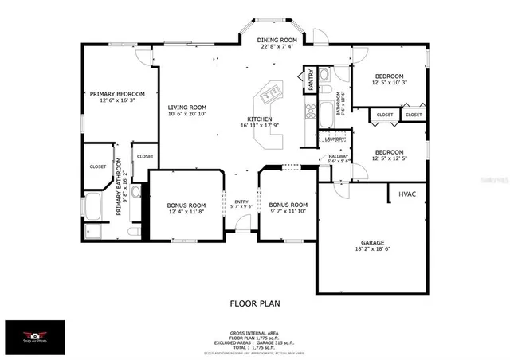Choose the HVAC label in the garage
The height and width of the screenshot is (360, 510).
point(406,194)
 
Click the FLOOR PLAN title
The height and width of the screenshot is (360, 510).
point(255,303)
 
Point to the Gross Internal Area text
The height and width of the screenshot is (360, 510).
point(255,333)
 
